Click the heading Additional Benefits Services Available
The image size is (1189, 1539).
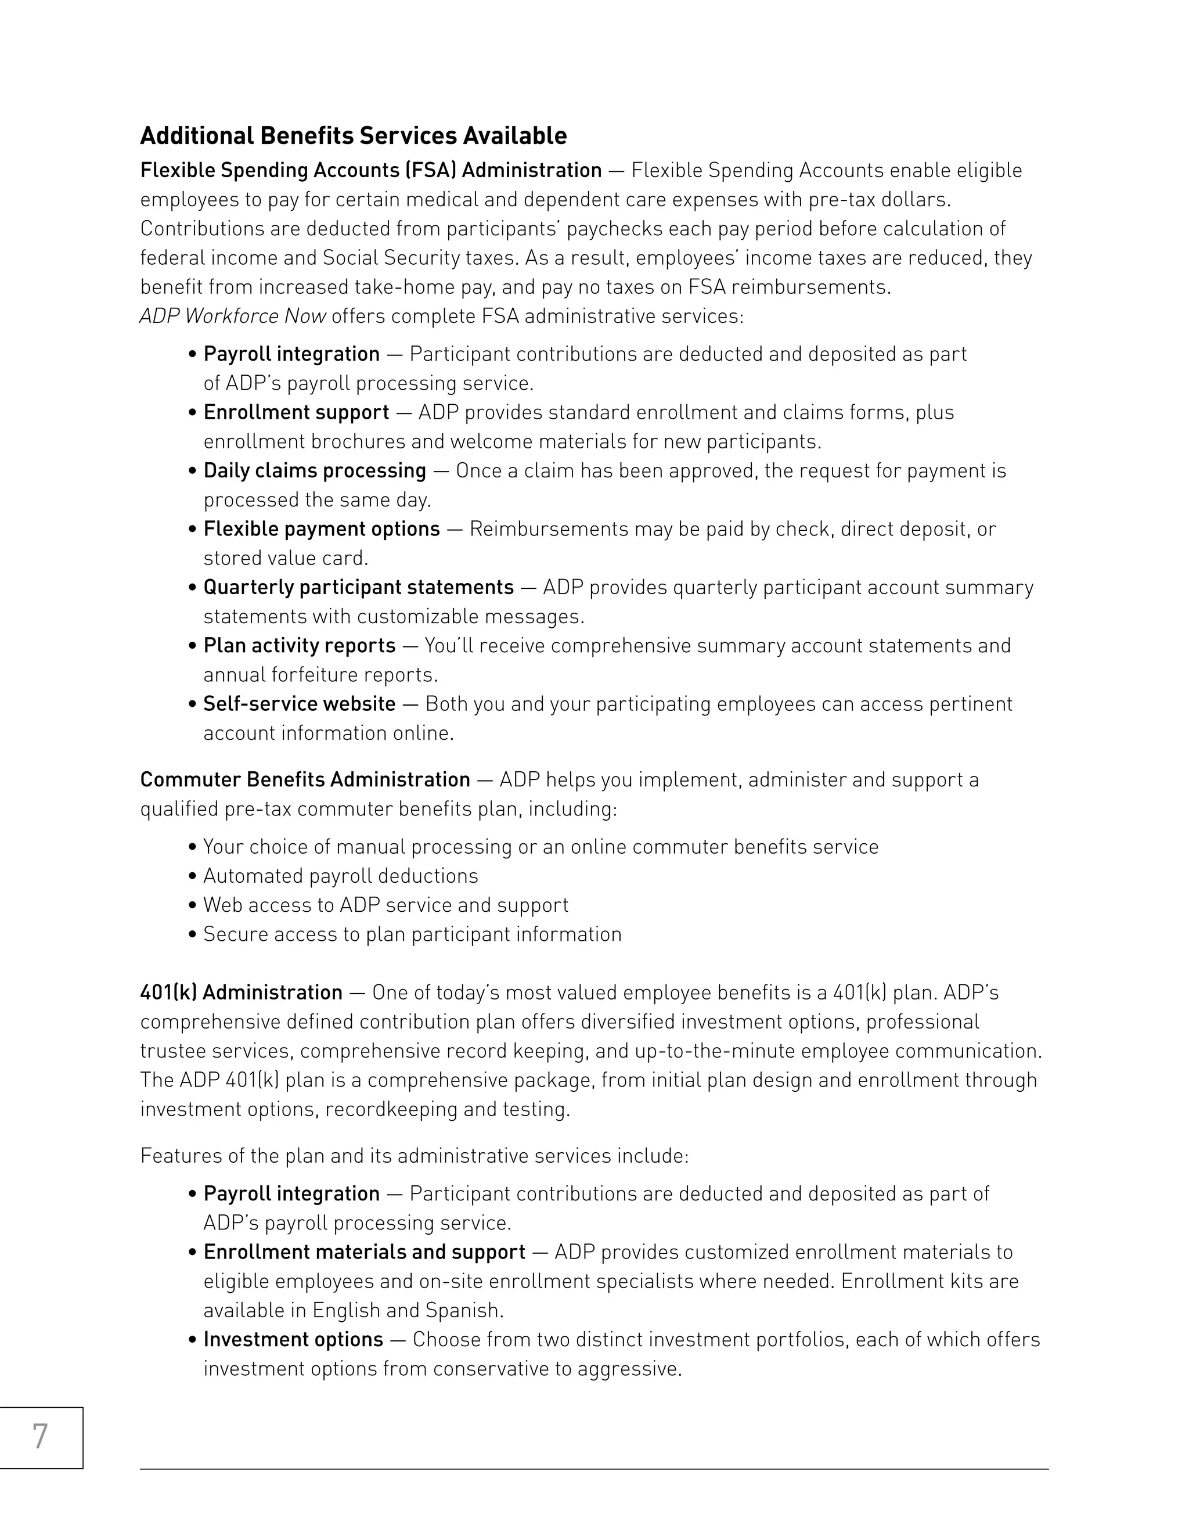click(353, 135)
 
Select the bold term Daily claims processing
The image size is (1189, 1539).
click(314, 471)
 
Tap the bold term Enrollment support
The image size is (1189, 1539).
click(296, 412)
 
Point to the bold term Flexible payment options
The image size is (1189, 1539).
click(321, 529)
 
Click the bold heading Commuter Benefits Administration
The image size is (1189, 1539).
click(304, 779)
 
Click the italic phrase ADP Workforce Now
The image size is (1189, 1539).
click(232, 317)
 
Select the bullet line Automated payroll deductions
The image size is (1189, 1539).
click(340, 876)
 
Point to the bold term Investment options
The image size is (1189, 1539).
click(293, 1340)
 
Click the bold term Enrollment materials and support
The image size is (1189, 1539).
click(363, 1252)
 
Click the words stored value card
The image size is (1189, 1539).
click(285, 559)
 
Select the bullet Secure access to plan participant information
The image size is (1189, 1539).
click(412, 934)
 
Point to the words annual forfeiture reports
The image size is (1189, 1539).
click(320, 675)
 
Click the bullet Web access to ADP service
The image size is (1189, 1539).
click(385, 905)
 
